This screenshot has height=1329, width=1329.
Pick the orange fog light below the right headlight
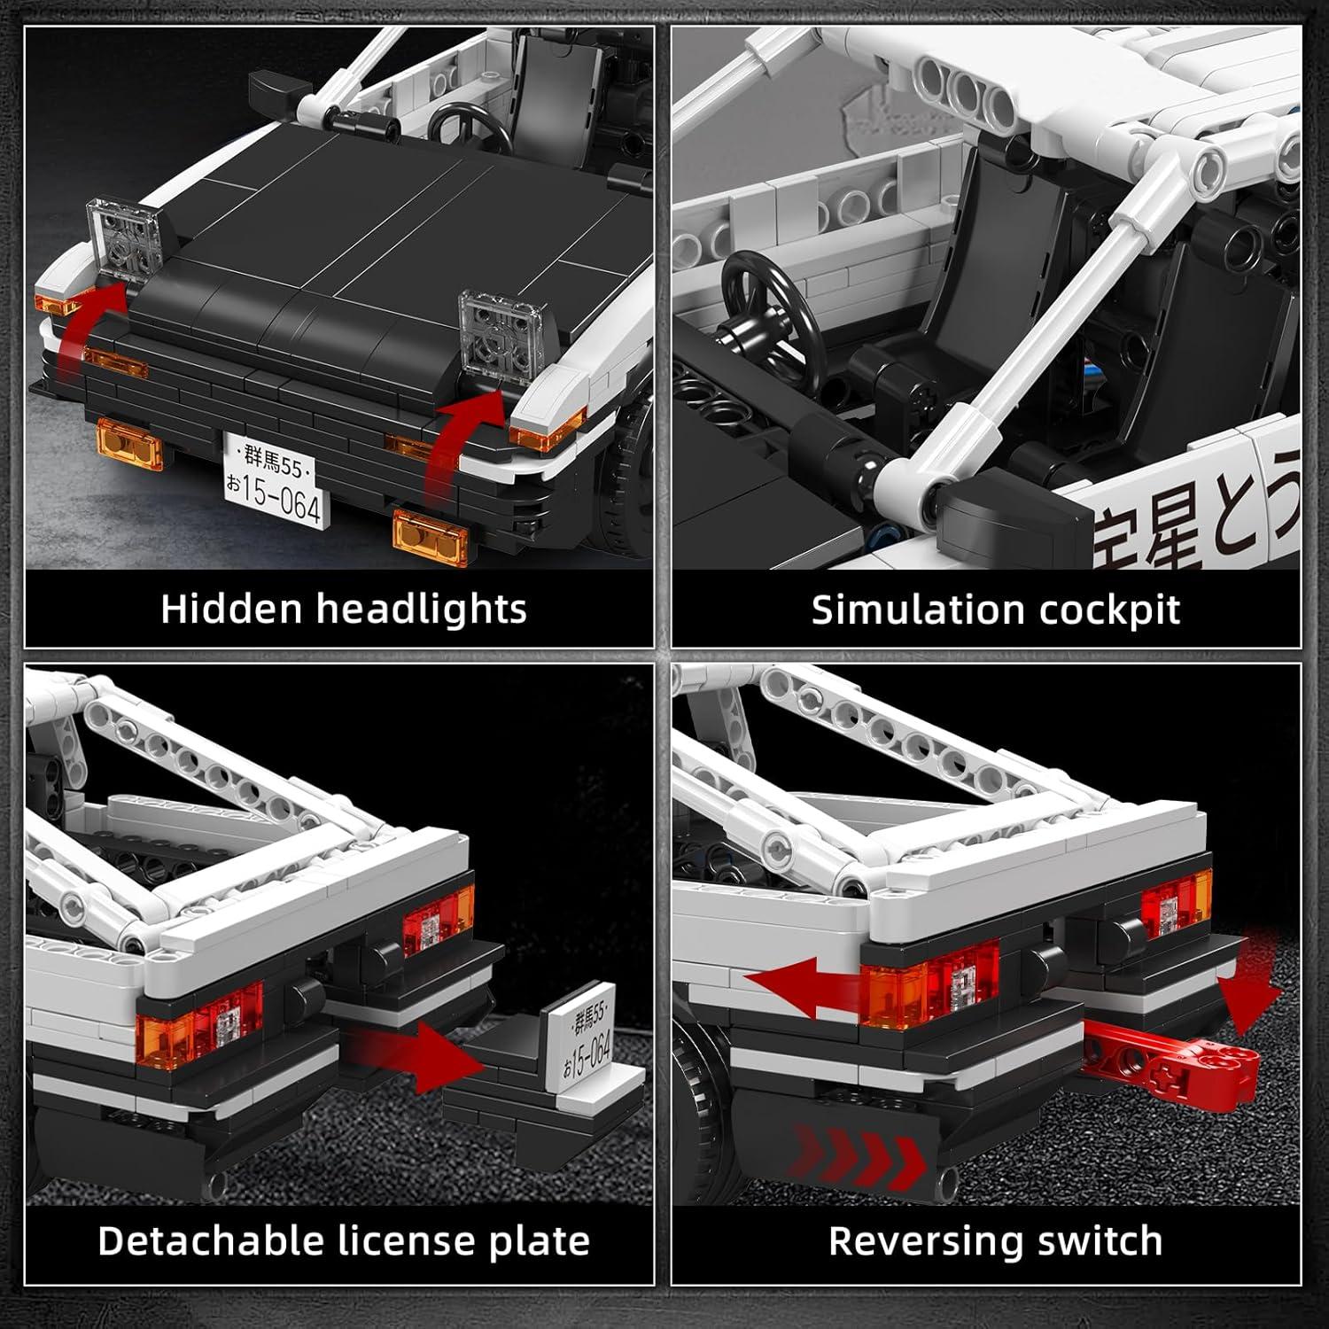coord(429,535)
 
